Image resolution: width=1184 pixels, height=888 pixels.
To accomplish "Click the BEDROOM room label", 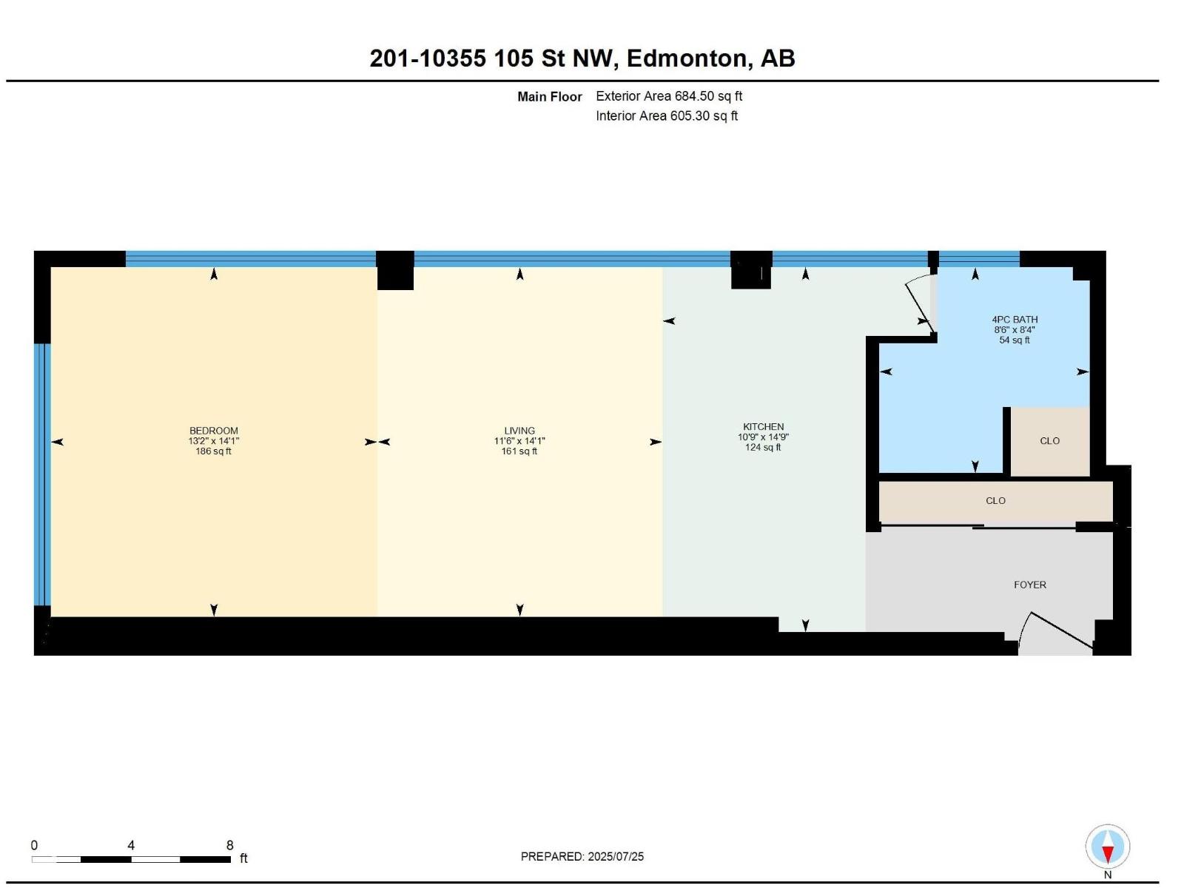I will (213, 431).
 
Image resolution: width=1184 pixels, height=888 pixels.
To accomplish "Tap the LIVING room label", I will (519, 431).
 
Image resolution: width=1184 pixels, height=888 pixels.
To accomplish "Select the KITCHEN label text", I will (763, 427).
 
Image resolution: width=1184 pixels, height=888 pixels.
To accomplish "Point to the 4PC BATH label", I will (1015, 320).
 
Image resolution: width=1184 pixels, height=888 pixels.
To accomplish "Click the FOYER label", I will (1029, 585).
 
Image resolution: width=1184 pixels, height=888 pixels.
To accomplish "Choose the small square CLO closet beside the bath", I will (1049, 441).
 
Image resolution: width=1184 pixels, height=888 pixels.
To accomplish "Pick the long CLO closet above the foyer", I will (995, 501).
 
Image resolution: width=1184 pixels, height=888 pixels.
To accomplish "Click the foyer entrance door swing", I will (1054, 633).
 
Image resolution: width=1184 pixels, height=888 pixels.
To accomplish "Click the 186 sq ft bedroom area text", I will (213, 451).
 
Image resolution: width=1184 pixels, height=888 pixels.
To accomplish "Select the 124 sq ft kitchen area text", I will (763, 448).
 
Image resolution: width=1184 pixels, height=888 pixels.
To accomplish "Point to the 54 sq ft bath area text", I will (1015, 340).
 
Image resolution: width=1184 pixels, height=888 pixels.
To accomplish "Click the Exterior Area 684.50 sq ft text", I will (668, 96).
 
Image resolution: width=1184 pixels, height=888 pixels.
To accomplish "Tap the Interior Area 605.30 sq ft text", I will (666, 116).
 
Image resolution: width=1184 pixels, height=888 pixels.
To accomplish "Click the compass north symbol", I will (1108, 847).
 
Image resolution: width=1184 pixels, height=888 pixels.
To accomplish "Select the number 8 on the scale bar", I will (229, 845).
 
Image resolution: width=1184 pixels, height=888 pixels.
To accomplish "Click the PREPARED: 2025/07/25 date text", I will (582, 856).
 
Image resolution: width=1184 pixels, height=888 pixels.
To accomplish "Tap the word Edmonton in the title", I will (686, 58).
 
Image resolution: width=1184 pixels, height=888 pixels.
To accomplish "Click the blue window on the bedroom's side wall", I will (42, 474).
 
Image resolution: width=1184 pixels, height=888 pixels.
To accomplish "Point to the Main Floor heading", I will (549, 97).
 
